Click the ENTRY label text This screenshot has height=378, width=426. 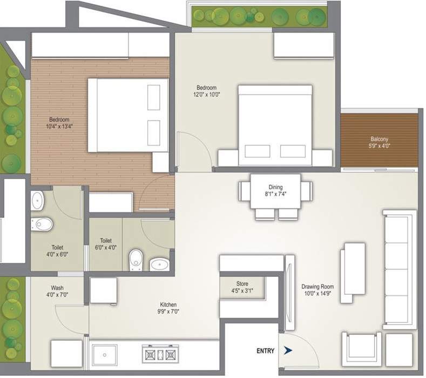coord(265,351)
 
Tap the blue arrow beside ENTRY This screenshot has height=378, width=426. coord(288,351)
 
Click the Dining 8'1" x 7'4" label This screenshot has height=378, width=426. coord(275,191)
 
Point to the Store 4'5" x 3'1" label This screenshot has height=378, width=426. coord(242,287)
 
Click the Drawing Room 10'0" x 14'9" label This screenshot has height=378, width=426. coord(317,290)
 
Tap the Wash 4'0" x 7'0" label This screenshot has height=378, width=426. coord(59,291)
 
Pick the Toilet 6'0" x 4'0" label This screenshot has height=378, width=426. coord(106,244)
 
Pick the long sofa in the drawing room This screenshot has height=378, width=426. coord(398,268)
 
